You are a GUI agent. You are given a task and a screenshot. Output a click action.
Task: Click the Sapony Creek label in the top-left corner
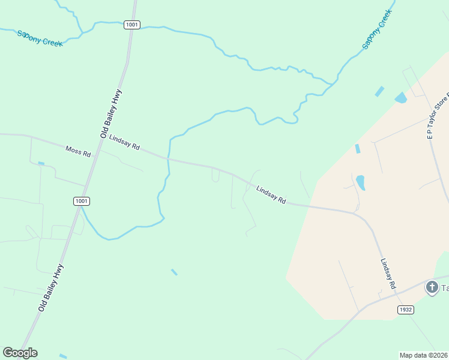40,38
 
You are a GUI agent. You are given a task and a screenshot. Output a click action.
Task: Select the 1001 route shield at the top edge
132,25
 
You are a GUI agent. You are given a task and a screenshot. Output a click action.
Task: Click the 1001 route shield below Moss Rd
82,201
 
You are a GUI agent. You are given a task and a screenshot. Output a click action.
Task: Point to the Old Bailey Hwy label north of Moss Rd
112,112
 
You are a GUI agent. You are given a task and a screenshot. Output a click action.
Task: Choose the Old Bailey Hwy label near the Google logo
50,287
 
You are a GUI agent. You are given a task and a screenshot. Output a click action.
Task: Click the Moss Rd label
78,151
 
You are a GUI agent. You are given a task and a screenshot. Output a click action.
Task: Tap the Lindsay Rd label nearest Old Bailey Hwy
124,142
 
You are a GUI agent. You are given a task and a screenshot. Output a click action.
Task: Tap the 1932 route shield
406,309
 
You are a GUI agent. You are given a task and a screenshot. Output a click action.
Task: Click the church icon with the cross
432,287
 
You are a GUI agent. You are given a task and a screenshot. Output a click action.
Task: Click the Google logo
20,353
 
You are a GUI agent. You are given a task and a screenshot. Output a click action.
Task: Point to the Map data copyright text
423,355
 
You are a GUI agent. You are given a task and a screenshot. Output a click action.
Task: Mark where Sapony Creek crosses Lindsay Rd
169,160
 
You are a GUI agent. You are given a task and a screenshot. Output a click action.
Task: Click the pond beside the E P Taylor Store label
400,97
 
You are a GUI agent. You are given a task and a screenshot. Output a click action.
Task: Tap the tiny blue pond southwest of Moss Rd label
41,163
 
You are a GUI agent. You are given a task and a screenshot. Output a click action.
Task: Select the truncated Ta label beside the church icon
445,288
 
